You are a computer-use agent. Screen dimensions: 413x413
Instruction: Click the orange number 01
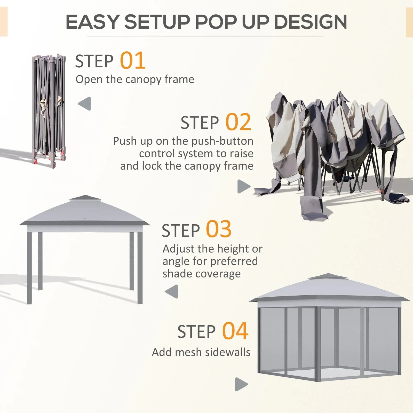(x=133, y=61)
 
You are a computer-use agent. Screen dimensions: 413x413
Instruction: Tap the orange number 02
(x=238, y=122)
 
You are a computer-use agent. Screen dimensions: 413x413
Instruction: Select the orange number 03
(x=218, y=229)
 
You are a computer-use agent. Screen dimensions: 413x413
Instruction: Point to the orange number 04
(x=235, y=331)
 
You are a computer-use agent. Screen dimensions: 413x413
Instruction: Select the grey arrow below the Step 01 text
(x=85, y=104)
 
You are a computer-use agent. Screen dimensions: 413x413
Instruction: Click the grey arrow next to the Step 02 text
(x=243, y=186)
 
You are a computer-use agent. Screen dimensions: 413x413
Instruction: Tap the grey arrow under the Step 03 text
(x=172, y=291)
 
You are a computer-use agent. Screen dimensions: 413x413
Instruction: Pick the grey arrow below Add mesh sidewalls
(x=241, y=384)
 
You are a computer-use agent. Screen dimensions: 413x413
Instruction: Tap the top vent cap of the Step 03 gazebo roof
(x=85, y=198)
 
